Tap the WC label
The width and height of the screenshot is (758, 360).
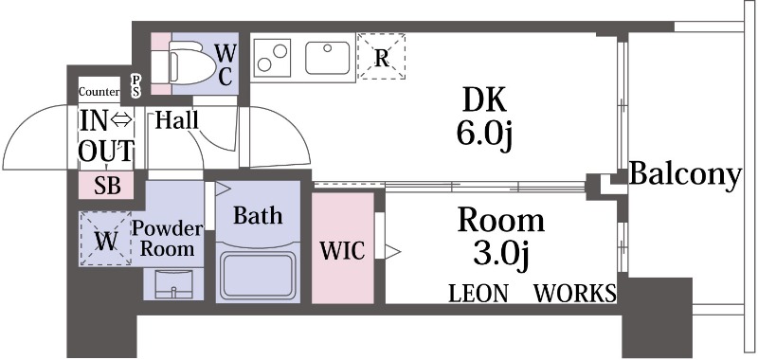225,63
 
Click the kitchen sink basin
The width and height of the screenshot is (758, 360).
328,56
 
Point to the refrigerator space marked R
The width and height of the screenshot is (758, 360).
382,56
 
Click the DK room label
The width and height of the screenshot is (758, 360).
484,99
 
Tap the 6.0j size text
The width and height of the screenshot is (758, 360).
484,135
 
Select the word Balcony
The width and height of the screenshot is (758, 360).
684,174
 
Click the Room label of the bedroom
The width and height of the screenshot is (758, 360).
501,221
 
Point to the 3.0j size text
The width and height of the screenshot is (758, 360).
501,255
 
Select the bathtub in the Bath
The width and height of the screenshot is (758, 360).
258,273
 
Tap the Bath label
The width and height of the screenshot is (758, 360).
258,216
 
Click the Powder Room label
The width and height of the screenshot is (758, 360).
168,240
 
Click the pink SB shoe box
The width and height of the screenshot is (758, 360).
106,186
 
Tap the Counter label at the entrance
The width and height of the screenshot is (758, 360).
99,92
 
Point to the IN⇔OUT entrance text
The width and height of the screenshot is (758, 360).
106,135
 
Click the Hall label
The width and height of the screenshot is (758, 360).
176,120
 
